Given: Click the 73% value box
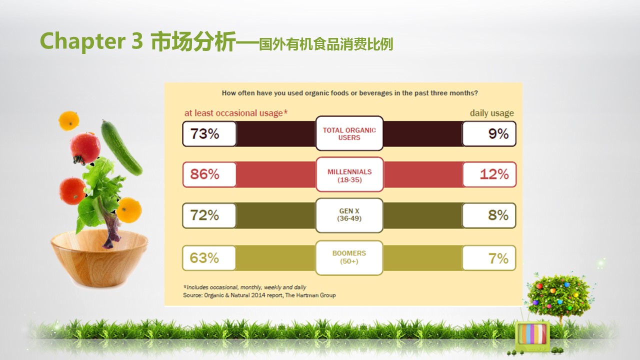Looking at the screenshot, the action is pos(209,133).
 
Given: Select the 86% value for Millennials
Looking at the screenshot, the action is pos(209,174).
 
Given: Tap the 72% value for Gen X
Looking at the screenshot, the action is pos(209,215).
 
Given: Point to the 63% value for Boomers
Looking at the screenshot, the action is pos(209,257).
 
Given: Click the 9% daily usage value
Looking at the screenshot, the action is pos(489,133).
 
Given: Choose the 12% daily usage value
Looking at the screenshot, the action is pos(489,174).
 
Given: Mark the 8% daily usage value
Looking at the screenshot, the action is pos(489,215).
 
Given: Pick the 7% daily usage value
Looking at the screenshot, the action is pos(489,257).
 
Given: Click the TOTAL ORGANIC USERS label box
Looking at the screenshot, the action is pos(349,133).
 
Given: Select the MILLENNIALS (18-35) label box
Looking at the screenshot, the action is pos(349,174).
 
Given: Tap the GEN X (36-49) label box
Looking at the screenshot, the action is pos(349,215).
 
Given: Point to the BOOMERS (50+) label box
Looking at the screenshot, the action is pos(349,257).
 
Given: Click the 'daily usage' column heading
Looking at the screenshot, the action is pos(491,113).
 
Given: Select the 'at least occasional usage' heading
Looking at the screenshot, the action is pos(236,113).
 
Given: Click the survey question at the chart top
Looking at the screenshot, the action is pos(349,93).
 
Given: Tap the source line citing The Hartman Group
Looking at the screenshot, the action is pos(259,295).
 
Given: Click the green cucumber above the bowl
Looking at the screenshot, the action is pos(121,147).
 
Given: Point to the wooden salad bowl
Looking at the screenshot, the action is pos(99,258).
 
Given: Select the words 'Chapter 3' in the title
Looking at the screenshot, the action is pos(91,41).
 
